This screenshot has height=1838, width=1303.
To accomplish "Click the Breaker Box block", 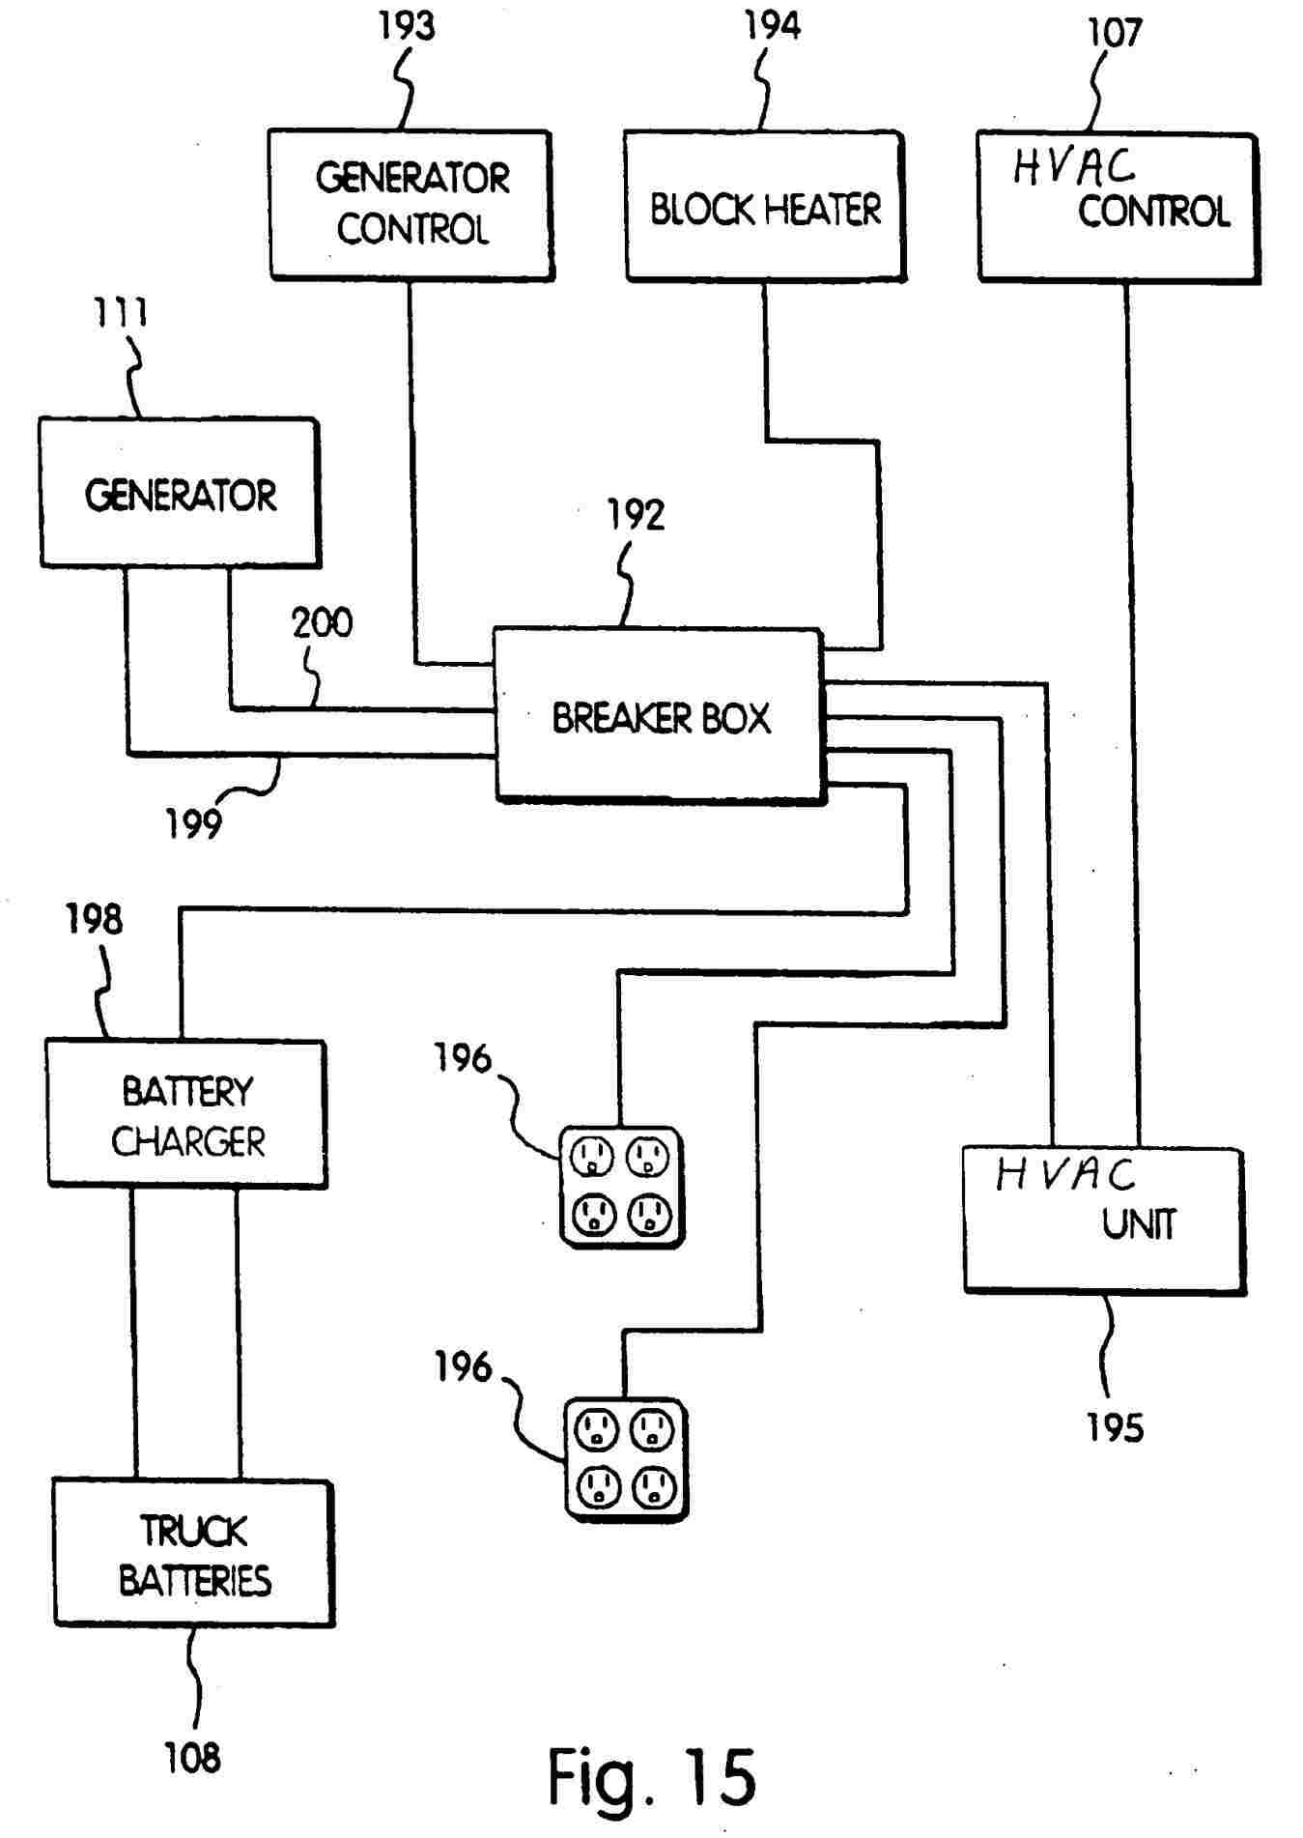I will pyautogui.click(x=659, y=715).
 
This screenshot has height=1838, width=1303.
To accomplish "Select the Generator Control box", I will pyautogui.click(x=411, y=205).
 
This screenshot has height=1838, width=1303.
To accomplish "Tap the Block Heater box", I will pyautogui.click(x=764, y=207).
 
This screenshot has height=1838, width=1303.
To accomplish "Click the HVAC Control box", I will pyautogui.click(x=1118, y=207).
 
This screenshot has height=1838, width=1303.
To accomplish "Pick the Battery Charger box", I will pyautogui.click(x=186, y=1113).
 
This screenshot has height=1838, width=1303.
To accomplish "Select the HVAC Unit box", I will pyautogui.click(x=1103, y=1219).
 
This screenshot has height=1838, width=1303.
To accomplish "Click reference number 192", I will pyautogui.click(x=635, y=516).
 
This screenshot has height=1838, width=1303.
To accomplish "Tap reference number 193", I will pyautogui.click(x=406, y=26).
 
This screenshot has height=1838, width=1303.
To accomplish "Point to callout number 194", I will pyautogui.click(x=772, y=26).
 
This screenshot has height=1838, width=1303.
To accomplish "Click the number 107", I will pyautogui.click(x=1115, y=33).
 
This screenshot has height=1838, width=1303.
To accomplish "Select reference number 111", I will pyautogui.click(x=121, y=313).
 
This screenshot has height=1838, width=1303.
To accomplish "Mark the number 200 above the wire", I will pyautogui.click(x=323, y=623).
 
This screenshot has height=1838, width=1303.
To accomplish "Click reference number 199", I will pyautogui.click(x=193, y=824).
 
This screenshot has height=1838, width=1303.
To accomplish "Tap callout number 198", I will pyautogui.click(x=94, y=919).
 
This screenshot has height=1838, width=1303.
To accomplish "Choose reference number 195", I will pyautogui.click(x=1115, y=1428).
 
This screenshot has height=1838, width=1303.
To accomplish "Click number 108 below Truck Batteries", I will pyautogui.click(x=192, y=1758).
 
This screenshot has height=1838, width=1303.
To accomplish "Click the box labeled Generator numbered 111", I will pyautogui.click(x=180, y=493).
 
